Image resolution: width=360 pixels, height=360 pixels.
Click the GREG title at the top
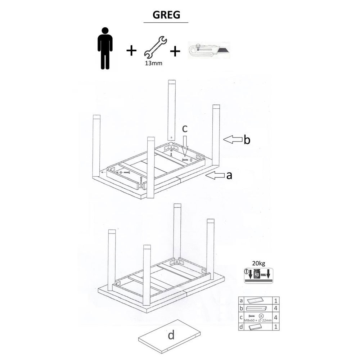click(x=166, y=15)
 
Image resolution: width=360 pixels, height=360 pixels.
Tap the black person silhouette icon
click(x=105, y=48)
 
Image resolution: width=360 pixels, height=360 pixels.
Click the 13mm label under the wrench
click(x=154, y=63)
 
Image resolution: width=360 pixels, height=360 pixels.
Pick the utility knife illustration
click(x=209, y=50)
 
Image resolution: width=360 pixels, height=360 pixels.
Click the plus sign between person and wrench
click(x=131, y=50)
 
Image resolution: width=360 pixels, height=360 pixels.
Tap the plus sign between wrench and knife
click(x=175, y=51)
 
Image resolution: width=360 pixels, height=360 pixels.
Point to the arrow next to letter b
click(x=233, y=139)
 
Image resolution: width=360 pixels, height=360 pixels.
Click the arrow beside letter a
click(x=215, y=175)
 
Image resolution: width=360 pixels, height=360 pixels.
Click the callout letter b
click(x=247, y=140)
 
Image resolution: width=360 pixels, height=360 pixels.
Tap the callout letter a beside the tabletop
click(x=229, y=176)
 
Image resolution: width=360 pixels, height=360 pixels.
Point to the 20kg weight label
click(x=258, y=264)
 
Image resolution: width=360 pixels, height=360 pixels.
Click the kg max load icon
click(x=258, y=275)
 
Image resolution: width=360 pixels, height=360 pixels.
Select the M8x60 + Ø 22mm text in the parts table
click(x=258, y=320)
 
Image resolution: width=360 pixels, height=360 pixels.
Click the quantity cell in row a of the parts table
click(x=276, y=301)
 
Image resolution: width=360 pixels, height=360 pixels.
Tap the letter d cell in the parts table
click(x=241, y=327)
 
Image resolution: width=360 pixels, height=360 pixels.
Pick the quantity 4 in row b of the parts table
click(x=276, y=308)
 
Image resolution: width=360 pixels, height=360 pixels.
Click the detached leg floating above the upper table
click(x=171, y=110)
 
